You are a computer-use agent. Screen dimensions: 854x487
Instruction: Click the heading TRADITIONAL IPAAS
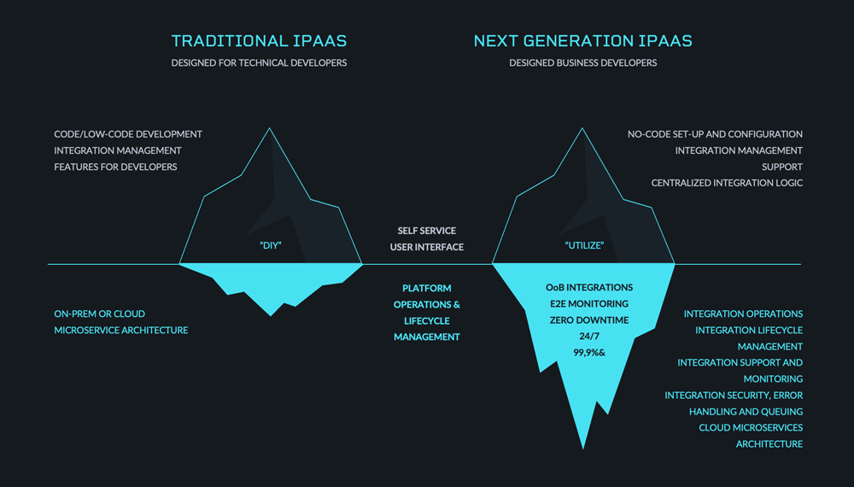point(259,41)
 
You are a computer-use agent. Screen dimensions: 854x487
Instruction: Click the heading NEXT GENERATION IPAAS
point(582,41)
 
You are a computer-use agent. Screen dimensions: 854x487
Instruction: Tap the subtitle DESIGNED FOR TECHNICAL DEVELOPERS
point(259,62)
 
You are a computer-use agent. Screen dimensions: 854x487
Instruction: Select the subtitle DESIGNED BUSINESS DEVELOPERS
point(582,62)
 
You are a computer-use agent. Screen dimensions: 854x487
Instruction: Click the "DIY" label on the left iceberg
point(271,245)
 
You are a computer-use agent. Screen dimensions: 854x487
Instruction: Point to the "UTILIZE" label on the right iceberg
point(584,245)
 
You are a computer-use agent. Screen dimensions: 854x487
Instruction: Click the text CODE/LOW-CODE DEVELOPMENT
point(128,134)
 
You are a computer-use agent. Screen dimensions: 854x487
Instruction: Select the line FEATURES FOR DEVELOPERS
point(115,167)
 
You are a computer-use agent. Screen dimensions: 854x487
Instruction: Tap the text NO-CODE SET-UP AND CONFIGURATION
point(715,134)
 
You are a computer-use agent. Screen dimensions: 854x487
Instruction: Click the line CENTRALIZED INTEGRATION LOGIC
point(727,183)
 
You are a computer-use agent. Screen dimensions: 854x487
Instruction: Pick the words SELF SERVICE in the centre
point(426,231)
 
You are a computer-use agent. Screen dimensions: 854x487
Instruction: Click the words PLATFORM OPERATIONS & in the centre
point(426,296)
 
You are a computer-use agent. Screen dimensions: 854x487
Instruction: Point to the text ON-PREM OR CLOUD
point(99,314)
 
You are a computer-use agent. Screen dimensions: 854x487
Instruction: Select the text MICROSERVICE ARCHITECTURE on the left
point(121,330)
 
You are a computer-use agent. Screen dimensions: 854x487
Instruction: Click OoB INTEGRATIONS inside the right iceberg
point(589,287)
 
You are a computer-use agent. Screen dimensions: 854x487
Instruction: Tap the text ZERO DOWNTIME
point(589,320)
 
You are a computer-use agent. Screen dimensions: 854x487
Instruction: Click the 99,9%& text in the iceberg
point(589,353)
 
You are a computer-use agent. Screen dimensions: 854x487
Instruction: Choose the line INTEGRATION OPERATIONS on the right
point(743,314)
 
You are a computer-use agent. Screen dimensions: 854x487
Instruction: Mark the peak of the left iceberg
point(269,128)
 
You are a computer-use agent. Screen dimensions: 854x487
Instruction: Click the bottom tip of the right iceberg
point(583,449)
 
